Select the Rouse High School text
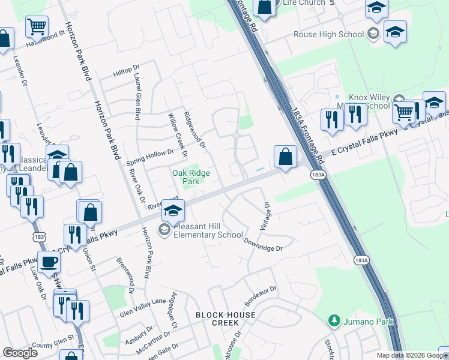coord(328,35)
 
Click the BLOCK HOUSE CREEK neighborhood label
coord(225,319)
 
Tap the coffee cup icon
coord(49,262)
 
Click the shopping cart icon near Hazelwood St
coord(37,26)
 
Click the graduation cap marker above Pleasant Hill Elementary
coord(173,211)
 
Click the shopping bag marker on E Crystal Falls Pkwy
coord(285,157)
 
